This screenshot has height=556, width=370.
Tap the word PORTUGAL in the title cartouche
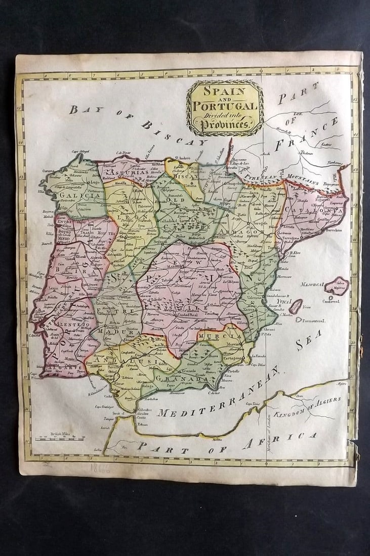click(225, 106)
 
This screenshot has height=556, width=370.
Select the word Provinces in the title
click(225, 125)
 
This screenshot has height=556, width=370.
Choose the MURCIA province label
click(228, 336)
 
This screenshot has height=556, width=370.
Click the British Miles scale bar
click(60, 435)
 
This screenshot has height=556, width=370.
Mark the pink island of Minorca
click(337, 286)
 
